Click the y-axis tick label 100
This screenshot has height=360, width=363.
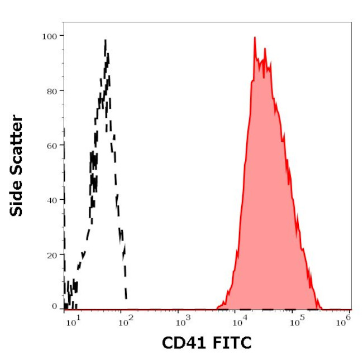coord(49,36)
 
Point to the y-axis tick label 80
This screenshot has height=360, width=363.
coord(51,90)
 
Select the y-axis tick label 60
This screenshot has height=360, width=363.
coord(51,145)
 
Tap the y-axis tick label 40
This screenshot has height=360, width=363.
coord(51,200)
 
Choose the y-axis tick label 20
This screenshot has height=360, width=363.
coord(51,255)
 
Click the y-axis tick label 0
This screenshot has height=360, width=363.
coord(54,306)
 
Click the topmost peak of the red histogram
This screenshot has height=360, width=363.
coord(255,37)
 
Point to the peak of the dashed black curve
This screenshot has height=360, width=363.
coord(105,40)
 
